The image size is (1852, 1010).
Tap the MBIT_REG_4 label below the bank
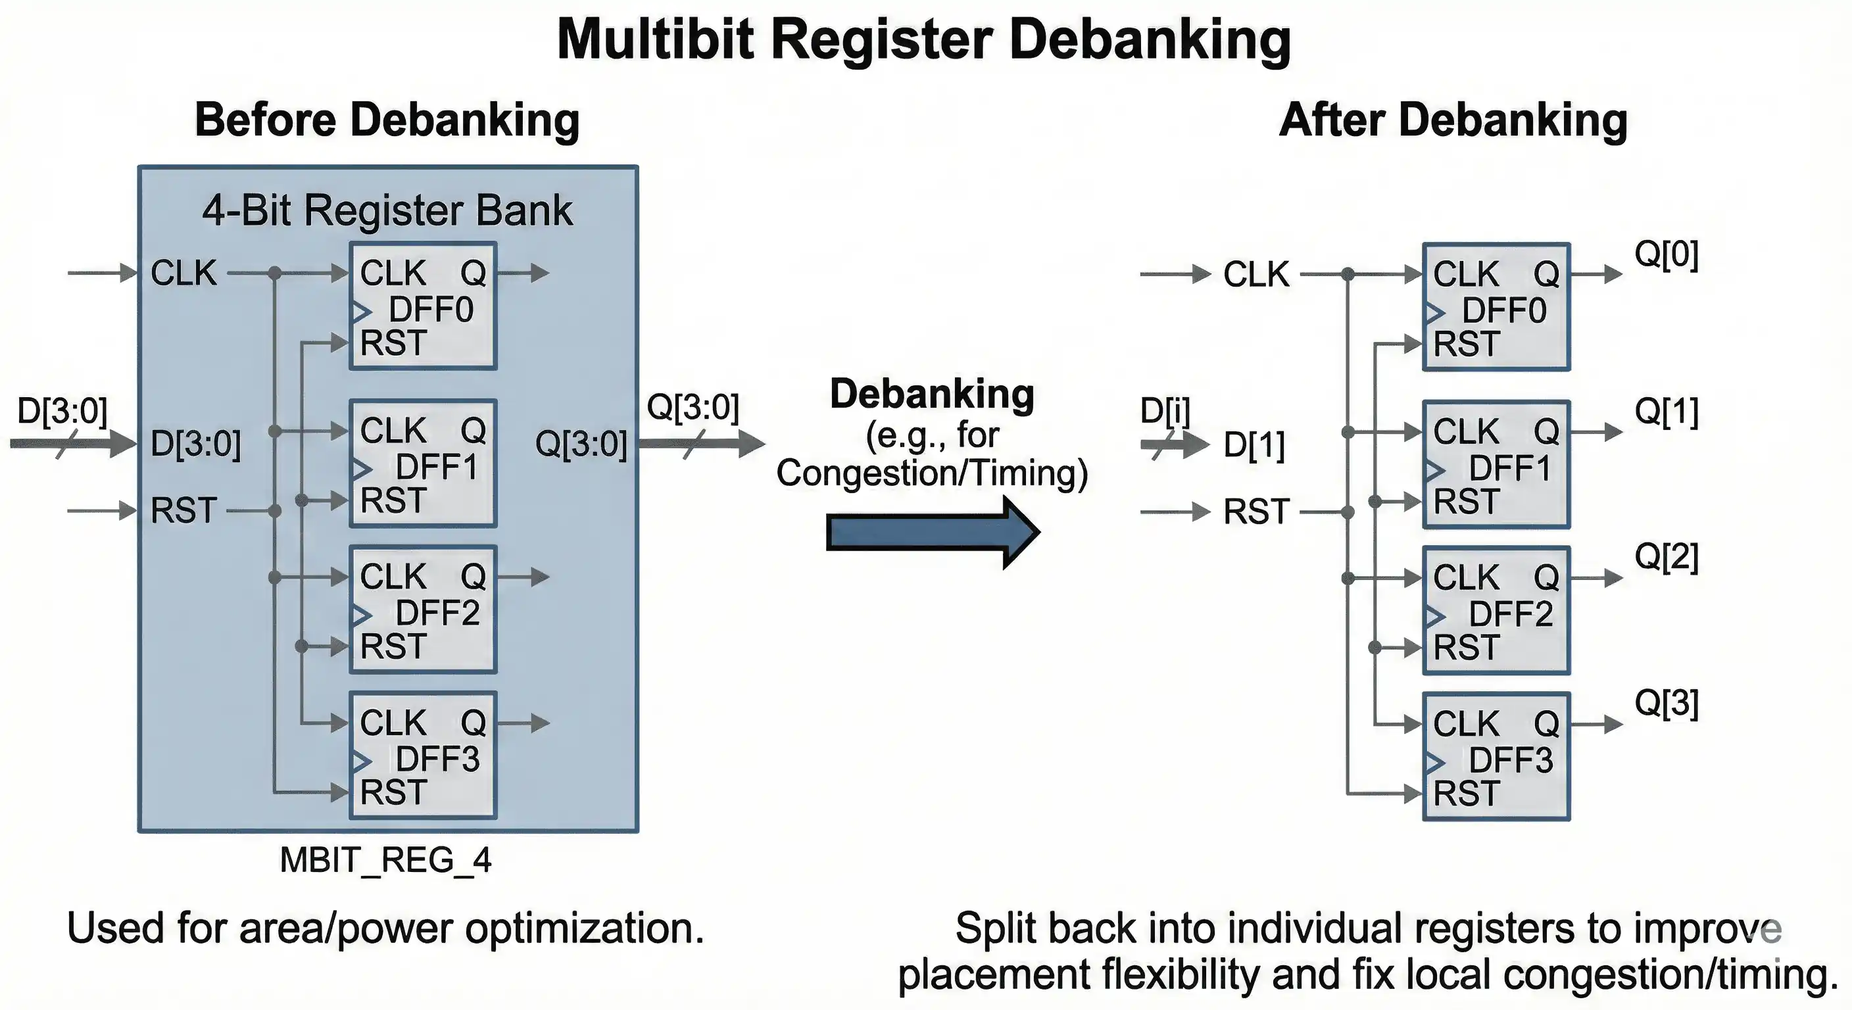coord(385,860)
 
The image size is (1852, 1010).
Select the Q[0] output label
coord(1666,254)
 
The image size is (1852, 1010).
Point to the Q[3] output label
coord(1666,703)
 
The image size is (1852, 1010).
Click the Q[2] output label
coord(1666,557)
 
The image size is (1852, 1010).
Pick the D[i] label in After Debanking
coord(1165,411)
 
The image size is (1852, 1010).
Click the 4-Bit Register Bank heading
coord(387,210)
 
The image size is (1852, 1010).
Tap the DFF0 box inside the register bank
coord(423,307)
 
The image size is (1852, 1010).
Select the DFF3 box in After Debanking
coord(1496,757)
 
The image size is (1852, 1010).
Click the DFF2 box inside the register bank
coord(423,610)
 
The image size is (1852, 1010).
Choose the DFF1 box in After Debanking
coord(1496,465)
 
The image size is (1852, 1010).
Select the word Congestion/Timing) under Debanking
coord(932,473)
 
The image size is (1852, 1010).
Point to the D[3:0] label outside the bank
coord(62,411)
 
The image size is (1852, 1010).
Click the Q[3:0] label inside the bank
coord(581,444)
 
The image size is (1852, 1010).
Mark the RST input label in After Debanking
coord(1256,512)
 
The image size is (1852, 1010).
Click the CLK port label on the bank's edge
coord(183,273)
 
